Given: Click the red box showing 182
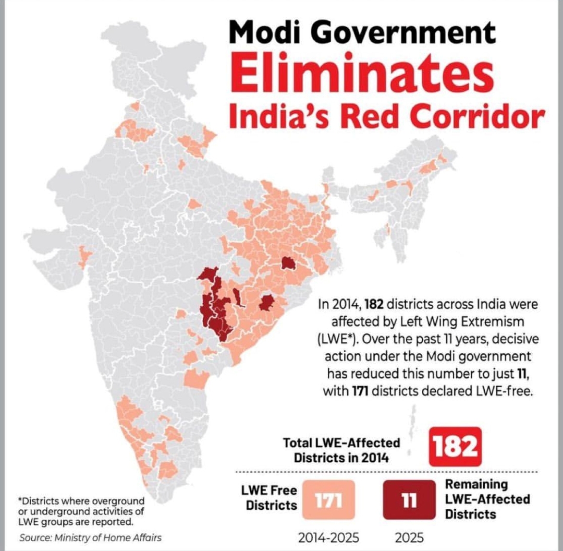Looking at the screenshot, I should pyautogui.click(x=455, y=447).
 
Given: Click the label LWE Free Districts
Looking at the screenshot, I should pyautogui.click(x=272, y=498).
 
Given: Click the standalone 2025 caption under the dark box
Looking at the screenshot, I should pyautogui.click(x=409, y=537).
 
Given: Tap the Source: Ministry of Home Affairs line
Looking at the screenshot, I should pyautogui.click(x=90, y=537).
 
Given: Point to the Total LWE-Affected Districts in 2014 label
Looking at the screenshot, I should pyautogui.click(x=341, y=450).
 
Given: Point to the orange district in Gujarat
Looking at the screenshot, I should pyautogui.click(x=83, y=256).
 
